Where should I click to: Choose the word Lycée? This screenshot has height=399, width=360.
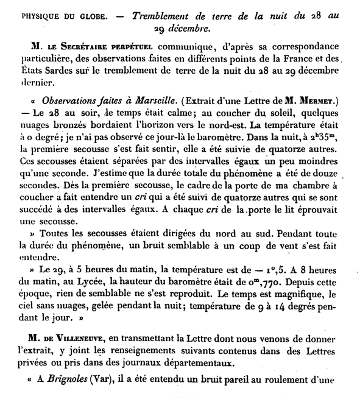click(90, 299)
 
